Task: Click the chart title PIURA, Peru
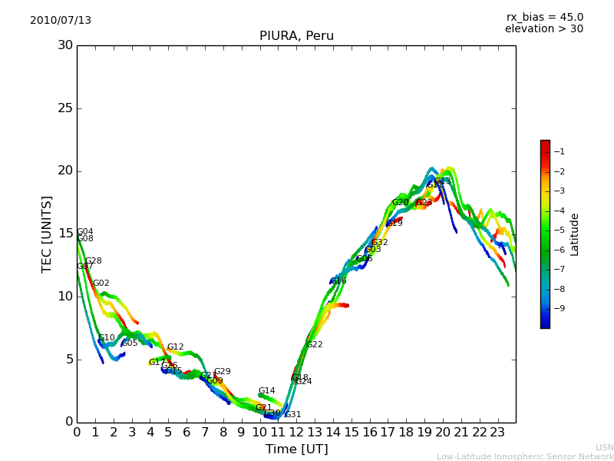pyautogui.click(x=296, y=36)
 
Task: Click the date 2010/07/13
pyautogui.click(x=61, y=21)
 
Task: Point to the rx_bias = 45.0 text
pyautogui.click(x=544, y=17)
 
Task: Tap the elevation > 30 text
pyautogui.click(x=543, y=29)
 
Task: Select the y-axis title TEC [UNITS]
pyautogui.click(x=47, y=234)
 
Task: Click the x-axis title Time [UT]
pyautogui.click(x=296, y=449)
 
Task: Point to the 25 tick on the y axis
pyautogui.click(x=65, y=108)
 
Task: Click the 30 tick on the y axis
pyautogui.click(x=65, y=45)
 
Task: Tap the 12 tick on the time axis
pyautogui.click(x=296, y=433)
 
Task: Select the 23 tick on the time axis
pyautogui.click(x=497, y=433)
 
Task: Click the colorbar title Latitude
pyautogui.click(x=575, y=234)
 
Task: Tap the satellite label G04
pyautogui.click(x=84, y=232)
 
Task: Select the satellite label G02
pyautogui.click(x=101, y=284)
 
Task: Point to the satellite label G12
pyautogui.click(x=176, y=347)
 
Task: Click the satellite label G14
pyautogui.click(x=266, y=391)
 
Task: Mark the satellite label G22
pyautogui.click(x=315, y=345)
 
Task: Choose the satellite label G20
pyautogui.click(x=401, y=203)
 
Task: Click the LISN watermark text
pyautogui.click(x=604, y=447)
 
